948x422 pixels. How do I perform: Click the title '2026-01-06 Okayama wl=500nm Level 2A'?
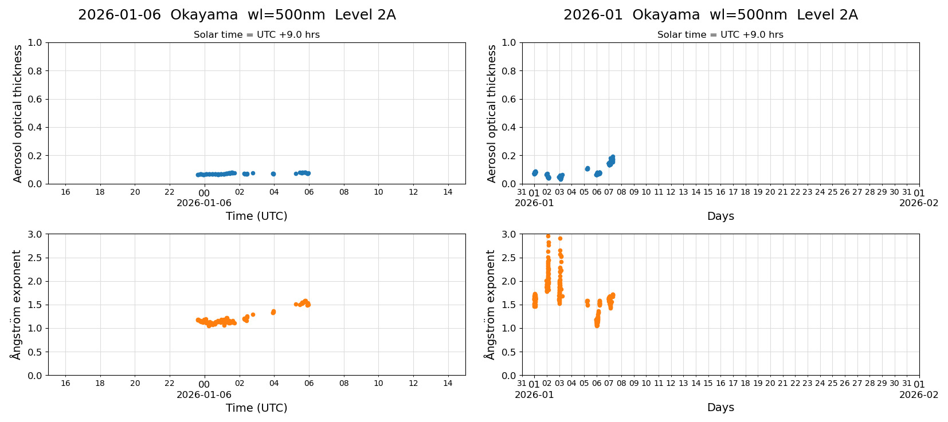237,15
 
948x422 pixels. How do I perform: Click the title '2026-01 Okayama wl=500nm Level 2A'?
710,15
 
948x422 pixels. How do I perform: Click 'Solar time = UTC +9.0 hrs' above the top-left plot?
256,35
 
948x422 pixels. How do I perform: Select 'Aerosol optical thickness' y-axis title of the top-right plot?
492,113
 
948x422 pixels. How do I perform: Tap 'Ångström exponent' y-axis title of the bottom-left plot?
16,305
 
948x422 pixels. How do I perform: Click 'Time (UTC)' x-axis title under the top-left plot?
256,216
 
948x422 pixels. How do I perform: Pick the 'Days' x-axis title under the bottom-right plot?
720,408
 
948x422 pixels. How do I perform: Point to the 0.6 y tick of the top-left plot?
36,99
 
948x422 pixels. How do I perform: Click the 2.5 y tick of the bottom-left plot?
36,258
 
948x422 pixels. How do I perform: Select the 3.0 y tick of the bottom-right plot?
509,234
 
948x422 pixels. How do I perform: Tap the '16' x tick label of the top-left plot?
65,192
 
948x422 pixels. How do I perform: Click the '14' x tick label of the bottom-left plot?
448,384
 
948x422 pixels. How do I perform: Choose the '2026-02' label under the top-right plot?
919,203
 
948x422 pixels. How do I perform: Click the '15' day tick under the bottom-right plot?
708,384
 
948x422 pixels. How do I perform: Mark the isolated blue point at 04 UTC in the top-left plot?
273,173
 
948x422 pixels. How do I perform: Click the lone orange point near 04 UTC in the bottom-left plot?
273,312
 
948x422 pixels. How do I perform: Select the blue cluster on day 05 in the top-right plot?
587,169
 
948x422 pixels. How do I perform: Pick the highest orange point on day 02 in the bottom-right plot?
548,236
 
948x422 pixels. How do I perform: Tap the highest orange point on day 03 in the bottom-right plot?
560,239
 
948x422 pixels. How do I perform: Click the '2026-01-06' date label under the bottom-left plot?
204,395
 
